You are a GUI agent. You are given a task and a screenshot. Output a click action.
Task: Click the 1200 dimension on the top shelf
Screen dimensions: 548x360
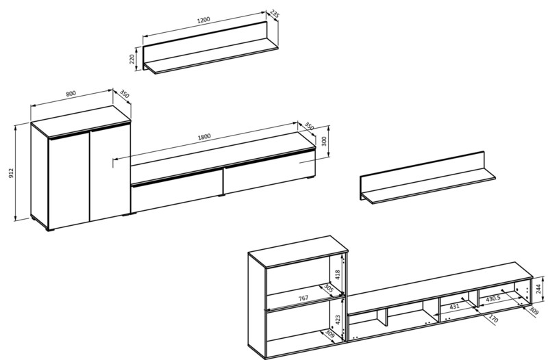pyautogui.click(x=203, y=20)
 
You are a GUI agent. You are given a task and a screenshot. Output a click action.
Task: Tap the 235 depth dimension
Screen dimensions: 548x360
pyautogui.click(x=275, y=14)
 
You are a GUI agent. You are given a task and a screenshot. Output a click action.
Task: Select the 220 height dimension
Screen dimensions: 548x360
pyautogui.click(x=132, y=59)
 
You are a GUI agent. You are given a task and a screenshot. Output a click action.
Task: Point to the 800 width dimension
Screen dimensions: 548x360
pyautogui.click(x=71, y=94)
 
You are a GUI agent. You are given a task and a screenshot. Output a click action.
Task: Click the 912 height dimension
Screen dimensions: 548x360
pyautogui.click(x=11, y=173)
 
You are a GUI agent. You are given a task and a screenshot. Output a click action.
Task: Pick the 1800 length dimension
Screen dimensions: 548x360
pyautogui.click(x=204, y=136)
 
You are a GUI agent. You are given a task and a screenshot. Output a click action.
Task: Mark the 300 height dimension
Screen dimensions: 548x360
pyautogui.click(x=324, y=141)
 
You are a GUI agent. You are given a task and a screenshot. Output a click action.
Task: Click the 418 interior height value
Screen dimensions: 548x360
pyautogui.click(x=337, y=274)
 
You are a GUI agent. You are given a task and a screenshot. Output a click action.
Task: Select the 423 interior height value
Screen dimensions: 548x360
pyautogui.click(x=338, y=320)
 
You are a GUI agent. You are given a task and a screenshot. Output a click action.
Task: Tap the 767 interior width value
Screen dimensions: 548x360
pyautogui.click(x=303, y=298)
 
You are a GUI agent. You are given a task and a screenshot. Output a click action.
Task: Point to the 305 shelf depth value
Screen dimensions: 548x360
pyautogui.click(x=329, y=288)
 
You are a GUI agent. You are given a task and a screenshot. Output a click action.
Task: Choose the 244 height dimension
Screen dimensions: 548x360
pyautogui.click(x=538, y=288)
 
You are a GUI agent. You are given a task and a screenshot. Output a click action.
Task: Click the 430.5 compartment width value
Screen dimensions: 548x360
pyautogui.click(x=493, y=298)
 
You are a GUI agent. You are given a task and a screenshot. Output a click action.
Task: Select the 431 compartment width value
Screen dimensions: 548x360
pyautogui.click(x=454, y=307)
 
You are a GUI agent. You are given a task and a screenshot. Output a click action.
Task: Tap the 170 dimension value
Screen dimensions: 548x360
pyautogui.click(x=493, y=318)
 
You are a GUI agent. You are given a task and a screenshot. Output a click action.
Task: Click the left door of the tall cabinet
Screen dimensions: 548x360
pyautogui.click(x=69, y=180)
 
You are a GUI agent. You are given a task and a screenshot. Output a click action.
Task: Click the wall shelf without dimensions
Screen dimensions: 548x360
pyautogui.click(x=427, y=177)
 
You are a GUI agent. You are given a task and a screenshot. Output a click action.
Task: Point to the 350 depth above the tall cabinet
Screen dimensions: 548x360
pyautogui.click(x=125, y=94)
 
